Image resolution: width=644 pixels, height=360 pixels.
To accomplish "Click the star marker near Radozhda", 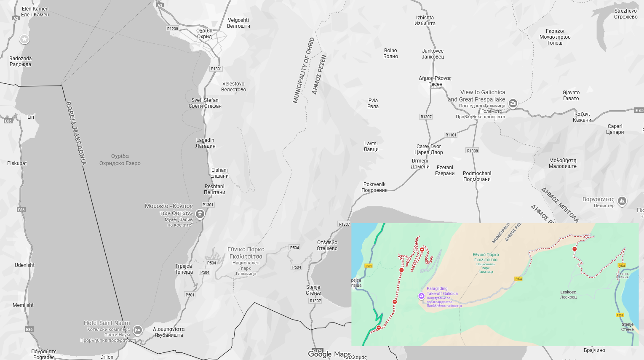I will coord(24,39).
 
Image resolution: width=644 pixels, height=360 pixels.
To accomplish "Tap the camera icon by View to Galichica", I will coord(513,103).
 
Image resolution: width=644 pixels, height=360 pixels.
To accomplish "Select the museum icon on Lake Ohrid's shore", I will coord(200,214).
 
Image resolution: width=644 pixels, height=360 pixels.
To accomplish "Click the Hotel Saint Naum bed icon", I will coord(137,331).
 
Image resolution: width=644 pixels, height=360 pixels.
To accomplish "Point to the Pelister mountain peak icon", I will coord(622,201).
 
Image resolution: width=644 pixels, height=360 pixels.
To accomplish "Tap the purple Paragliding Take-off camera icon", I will coord(421,296).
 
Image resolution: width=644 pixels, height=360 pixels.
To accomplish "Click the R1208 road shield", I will coord(172,29).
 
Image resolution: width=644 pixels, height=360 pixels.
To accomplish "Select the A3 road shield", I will coord(160,5).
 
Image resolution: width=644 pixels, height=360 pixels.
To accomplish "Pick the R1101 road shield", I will coord(451,135).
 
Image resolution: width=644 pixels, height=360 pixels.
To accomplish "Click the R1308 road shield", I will coord(472,151).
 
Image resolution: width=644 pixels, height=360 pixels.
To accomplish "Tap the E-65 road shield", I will coord(639,110).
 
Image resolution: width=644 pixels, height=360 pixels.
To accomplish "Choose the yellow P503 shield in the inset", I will coord(620,315).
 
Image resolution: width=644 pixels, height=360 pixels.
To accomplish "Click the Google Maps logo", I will coord(329,354).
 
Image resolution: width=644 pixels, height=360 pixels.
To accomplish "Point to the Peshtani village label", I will coord(214,189).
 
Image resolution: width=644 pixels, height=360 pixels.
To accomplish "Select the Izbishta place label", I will coord(425,21).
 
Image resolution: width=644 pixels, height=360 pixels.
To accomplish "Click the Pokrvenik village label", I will coord(374,187).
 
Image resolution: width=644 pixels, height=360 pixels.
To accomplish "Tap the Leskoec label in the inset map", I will coord(568,294).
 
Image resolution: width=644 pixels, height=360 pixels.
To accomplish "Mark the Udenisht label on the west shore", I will coord(24,265).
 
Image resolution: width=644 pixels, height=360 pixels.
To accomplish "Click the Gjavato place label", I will coord(571,96).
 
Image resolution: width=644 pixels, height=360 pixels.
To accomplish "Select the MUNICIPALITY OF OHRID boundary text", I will coord(303,70).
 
